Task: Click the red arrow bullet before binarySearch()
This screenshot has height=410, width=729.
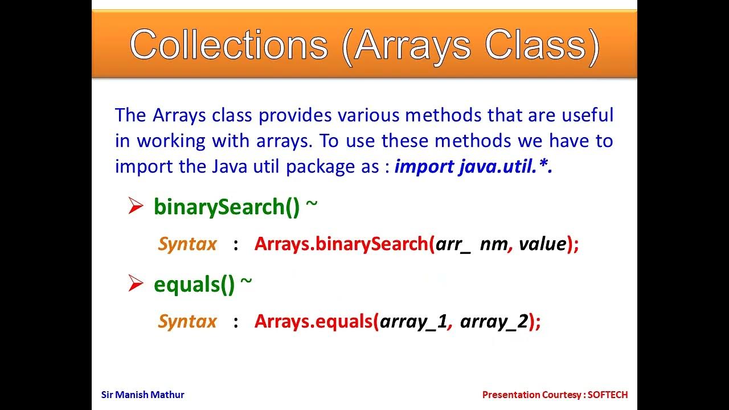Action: [136, 206]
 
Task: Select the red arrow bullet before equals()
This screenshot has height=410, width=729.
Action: [136, 283]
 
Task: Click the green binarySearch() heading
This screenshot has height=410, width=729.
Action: [227, 207]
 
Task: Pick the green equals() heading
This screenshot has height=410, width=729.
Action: [194, 284]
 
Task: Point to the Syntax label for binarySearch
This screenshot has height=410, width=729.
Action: [187, 244]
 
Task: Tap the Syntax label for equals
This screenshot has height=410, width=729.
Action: [187, 321]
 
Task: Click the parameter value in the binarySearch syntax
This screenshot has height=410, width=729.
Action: [542, 244]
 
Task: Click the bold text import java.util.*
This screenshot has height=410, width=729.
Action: [473, 166]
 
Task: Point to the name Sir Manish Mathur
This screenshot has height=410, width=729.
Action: [142, 395]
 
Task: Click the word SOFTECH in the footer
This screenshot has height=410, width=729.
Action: [608, 395]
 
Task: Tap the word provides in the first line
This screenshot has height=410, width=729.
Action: [296, 116]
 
